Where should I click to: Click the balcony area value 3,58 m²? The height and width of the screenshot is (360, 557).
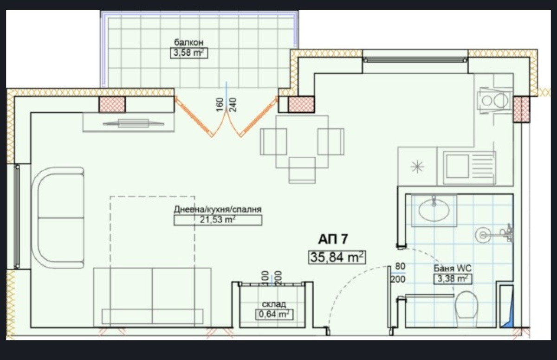click(x=189, y=53)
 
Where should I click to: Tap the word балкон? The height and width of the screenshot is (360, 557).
click(x=189, y=43)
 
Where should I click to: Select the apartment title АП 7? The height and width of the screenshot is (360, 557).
click(x=333, y=239)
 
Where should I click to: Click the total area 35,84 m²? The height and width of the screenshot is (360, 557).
click(x=337, y=257)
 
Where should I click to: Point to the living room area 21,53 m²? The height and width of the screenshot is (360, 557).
click(x=218, y=220)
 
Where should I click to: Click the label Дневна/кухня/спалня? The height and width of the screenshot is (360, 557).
click(x=218, y=210)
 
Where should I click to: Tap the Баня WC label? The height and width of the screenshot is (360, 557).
click(x=453, y=269)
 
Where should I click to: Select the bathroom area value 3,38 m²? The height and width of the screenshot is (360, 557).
click(x=453, y=279)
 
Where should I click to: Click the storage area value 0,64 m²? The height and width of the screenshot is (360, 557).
click(x=274, y=314)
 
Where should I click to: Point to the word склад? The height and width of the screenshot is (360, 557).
click(x=274, y=304)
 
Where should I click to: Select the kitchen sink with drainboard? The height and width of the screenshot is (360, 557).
click(x=469, y=168)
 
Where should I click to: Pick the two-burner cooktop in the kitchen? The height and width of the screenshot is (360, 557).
click(x=495, y=101)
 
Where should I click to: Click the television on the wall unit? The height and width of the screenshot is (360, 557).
click(x=134, y=123)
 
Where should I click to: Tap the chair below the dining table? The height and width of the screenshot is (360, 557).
click(x=302, y=170)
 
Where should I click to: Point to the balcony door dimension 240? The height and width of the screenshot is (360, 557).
click(x=233, y=105)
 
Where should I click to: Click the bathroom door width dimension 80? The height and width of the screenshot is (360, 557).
click(x=400, y=266)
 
